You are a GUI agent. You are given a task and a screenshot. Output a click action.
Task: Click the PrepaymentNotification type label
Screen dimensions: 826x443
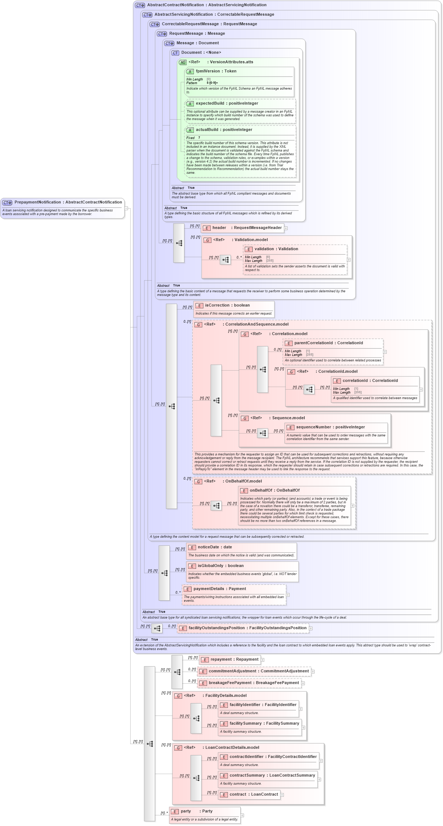(x=68, y=202)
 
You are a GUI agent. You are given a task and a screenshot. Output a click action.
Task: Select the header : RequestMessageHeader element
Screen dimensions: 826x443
(x=247, y=228)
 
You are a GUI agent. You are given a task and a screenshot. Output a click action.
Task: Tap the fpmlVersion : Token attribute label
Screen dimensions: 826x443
(x=216, y=71)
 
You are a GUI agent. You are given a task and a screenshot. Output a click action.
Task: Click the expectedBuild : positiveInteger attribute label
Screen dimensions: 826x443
(x=227, y=104)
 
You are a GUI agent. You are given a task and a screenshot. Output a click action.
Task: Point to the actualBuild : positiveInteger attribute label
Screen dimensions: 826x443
(x=224, y=130)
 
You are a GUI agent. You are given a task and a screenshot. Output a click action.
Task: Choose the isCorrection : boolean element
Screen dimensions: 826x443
(x=227, y=305)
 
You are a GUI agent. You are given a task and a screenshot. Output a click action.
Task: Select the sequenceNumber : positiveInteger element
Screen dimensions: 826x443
(x=330, y=427)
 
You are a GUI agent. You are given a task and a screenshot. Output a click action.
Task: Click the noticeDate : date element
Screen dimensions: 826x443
(x=215, y=547)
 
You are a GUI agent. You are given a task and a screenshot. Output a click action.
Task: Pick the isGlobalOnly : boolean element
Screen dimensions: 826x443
(x=221, y=566)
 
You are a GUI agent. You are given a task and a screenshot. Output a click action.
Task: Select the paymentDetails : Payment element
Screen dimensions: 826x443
(x=219, y=589)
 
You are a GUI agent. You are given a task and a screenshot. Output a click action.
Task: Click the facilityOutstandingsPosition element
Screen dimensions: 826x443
(x=247, y=628)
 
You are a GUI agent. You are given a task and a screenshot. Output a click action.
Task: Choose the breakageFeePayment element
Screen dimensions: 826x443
(x=254, y=683)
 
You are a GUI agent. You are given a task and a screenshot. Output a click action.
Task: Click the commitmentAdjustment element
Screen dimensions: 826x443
(x=258, y=671)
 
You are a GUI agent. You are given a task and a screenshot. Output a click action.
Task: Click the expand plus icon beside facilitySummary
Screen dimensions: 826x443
(x=303, y=728)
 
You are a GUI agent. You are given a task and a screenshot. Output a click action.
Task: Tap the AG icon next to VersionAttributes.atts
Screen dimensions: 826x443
(x=183, y=63)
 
